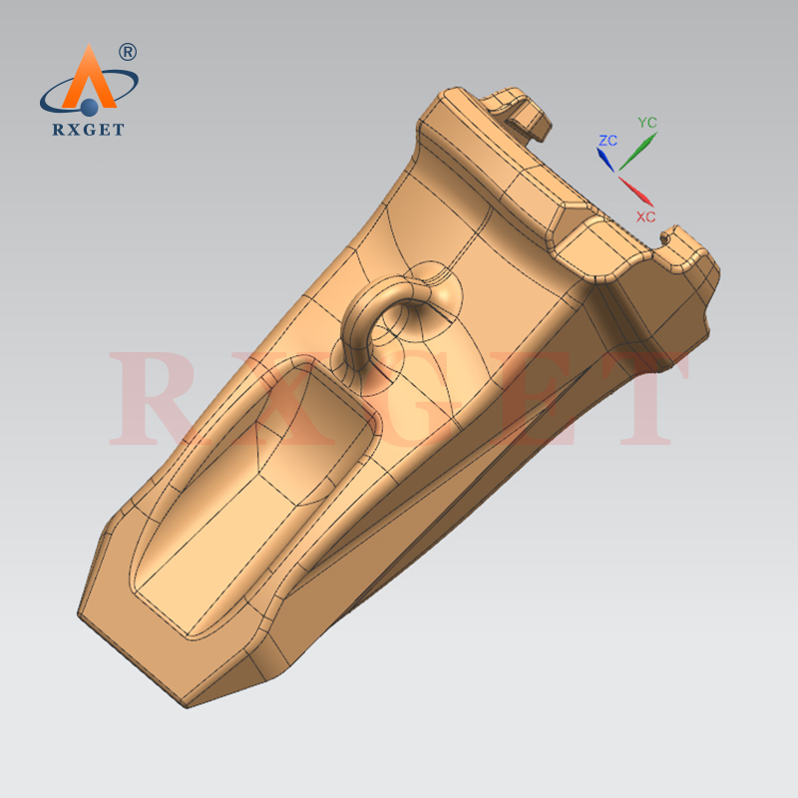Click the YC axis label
pos(647,123)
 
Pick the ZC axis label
pos(607,141)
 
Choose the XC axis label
pos(645,215)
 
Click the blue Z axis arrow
pos(605,160)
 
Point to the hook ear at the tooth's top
pos(519,110)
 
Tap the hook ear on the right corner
pos(688,249)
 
